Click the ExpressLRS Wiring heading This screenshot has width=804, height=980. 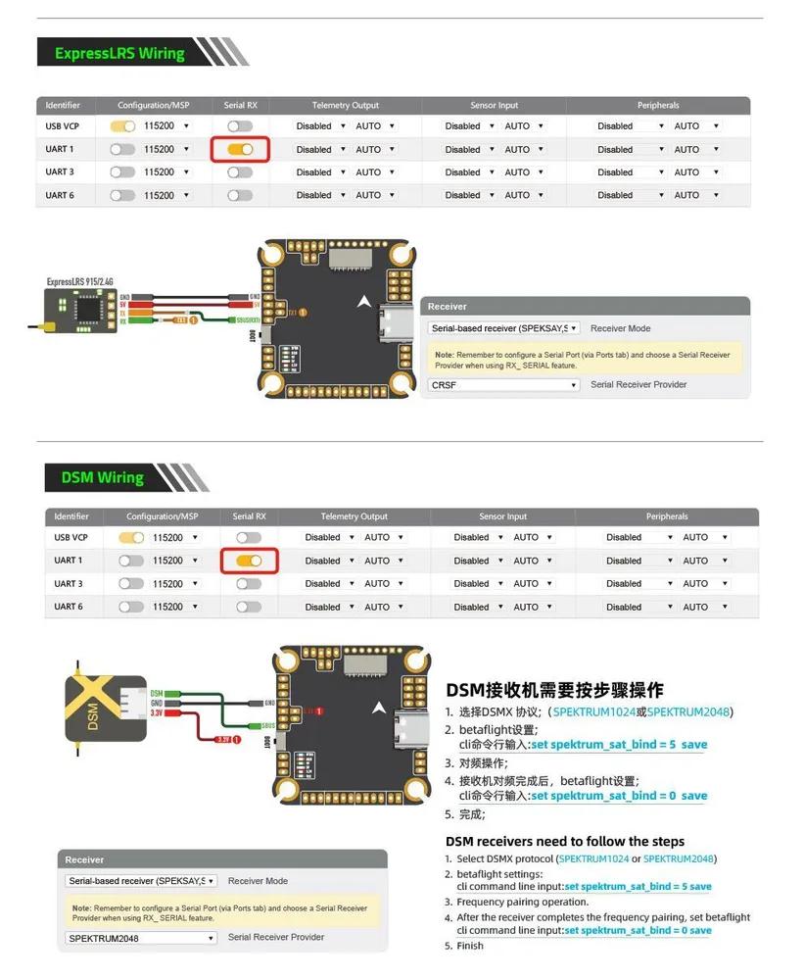coord(119,53)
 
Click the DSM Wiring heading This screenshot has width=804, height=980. coord(102,477)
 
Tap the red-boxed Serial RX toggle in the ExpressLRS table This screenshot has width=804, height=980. coord(240,149)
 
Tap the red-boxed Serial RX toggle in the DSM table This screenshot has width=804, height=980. coord(249,561)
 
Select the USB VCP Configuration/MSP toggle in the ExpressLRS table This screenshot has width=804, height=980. coord(122,126)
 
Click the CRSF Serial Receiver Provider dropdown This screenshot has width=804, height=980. coord(504,385)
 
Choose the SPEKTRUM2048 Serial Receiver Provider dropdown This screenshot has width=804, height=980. coord(141,938)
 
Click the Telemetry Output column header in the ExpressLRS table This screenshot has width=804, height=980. coord(345,105)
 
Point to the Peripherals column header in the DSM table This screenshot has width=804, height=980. coord(666,516)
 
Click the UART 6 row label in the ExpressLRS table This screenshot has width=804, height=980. coord(60,195)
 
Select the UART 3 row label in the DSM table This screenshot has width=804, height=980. coord(69,584)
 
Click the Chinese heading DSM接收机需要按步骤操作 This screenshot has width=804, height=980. coord(554,689)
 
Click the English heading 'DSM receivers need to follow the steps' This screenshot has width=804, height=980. coord(565,841)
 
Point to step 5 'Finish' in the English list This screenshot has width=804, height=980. coord(469,946)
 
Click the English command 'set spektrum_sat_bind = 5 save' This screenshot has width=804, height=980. coord(638,886)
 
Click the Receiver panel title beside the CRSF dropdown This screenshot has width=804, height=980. coord(448,307)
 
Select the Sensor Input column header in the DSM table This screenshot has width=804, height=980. coord(502,516)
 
